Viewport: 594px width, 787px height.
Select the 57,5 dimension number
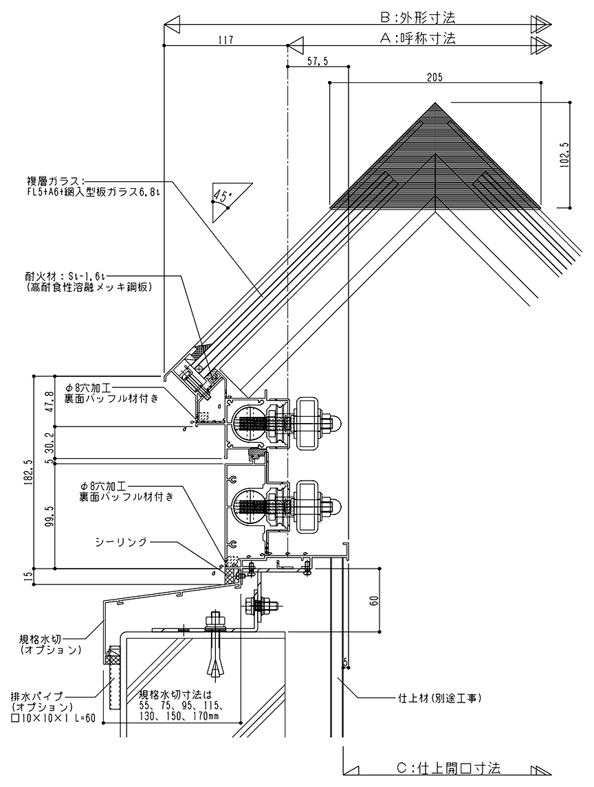tap(317, 61)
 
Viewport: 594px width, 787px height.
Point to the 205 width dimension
tap(434, 77)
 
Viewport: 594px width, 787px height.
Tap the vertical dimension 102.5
tap(564, 155)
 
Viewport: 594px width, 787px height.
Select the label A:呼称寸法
tap(417, 39)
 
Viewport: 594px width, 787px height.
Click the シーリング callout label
tap(122, 542)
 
